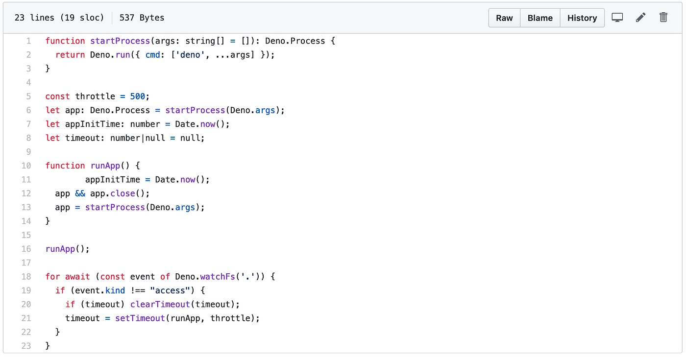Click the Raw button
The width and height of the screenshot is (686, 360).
(x=504, y=18)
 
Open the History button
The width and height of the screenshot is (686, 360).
(x=582, y=18)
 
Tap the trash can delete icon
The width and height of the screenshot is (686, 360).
(x=663, y=18)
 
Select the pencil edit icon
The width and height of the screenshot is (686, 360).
(x=640, y=18)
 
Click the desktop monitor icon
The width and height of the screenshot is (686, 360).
(x=617, y=18)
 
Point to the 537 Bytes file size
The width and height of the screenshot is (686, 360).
(x=142, y=18)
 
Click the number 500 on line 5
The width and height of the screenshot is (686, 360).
(x=138, y=96)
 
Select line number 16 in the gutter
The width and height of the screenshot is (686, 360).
(x=26, y=249)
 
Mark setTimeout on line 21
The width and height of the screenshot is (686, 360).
(x=140, y=318)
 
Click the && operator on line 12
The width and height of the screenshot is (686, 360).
(x=80, y=193)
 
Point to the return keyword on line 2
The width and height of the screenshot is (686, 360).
(x=70, y=55)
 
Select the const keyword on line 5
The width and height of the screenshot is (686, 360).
(x=58, y=96)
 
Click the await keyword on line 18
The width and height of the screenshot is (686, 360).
(x=77, y=277)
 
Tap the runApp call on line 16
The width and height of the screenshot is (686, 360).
(x=60, y=249)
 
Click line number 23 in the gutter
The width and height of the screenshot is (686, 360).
(x=26, y=346)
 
